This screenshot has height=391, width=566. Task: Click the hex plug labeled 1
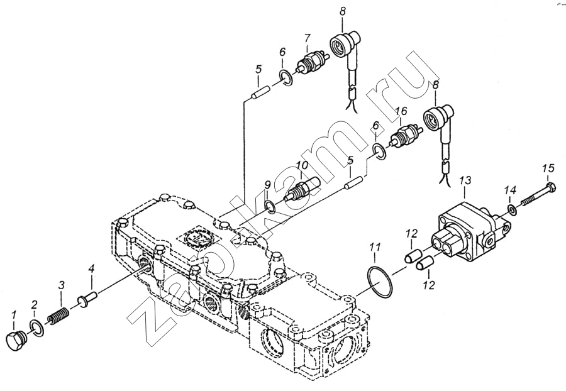pos(16,341)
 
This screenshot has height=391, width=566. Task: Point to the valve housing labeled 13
pos(471,233)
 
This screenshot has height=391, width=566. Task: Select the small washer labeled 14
pos(512,209)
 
